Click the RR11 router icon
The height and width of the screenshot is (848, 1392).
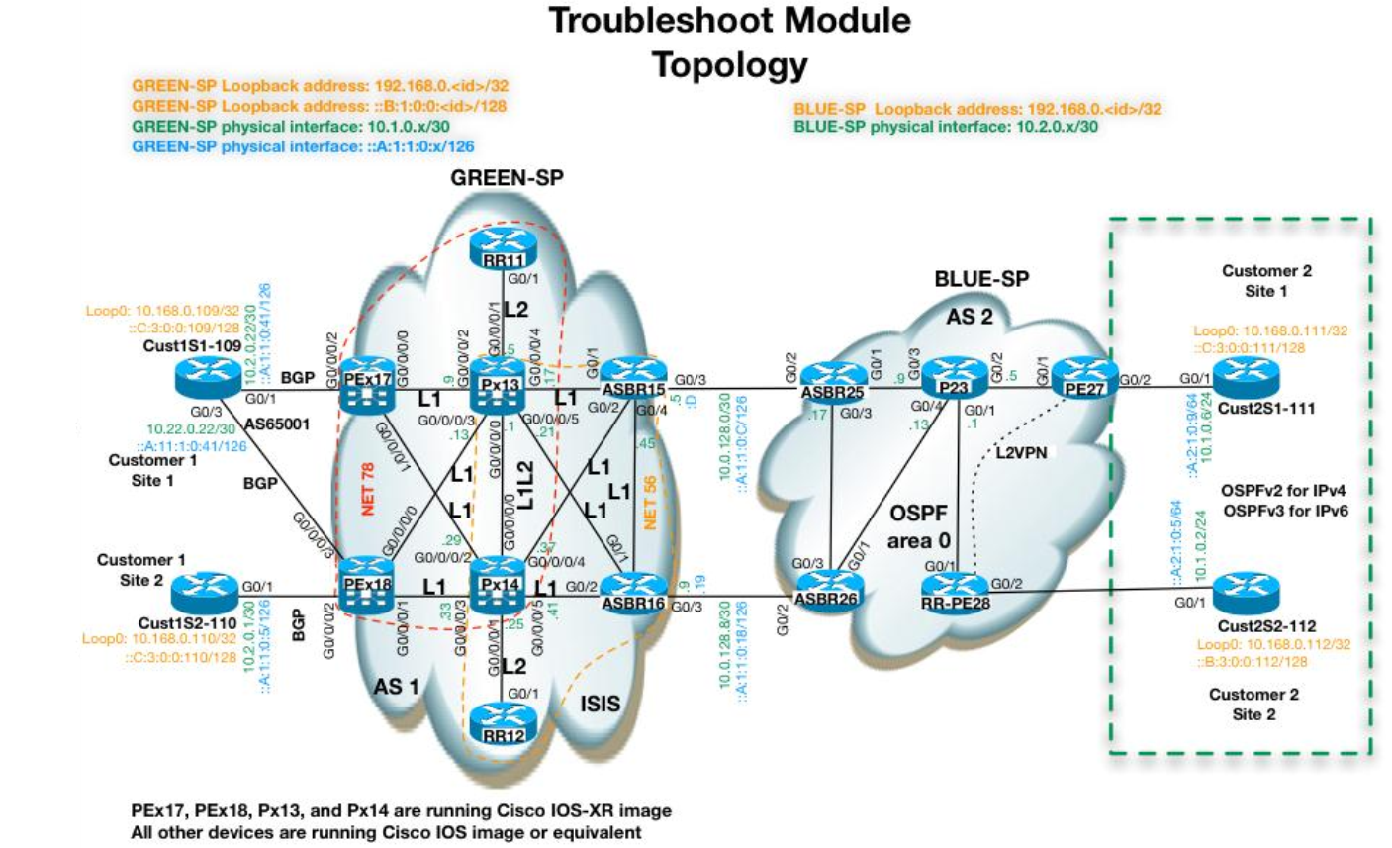[503, 244]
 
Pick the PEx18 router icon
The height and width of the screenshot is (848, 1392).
[367, 588]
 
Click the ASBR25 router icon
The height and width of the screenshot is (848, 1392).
[834, 381]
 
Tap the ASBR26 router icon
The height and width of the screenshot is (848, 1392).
[829, 591]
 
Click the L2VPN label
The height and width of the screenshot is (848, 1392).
[1018, 453]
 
